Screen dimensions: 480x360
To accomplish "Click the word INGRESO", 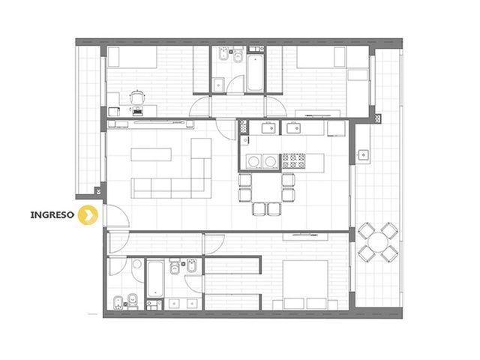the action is tap(52, 214).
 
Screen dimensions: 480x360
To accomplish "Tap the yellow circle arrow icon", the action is tap(88, 215).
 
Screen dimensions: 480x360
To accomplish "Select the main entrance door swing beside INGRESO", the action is tap(117, 215).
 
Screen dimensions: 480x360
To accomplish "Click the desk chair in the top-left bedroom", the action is tap(136, 97).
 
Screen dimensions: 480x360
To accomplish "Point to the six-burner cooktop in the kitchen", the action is tap(293, 161).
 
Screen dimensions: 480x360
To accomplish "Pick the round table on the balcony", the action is tap(378, 242).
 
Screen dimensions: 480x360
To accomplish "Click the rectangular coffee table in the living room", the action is tap(151, 154).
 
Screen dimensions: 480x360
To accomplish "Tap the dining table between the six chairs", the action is tap(267, 187).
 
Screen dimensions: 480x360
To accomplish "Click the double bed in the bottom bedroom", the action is tap(305, 285).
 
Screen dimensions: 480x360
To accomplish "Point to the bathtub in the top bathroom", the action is tap(255, 73).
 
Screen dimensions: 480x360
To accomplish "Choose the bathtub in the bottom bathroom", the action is tap(155, 278).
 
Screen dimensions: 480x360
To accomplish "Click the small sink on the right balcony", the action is tap(363, 154).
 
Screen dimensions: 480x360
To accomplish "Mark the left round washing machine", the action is tap(253, 161).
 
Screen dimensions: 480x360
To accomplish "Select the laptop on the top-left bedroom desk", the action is tap(138, 111).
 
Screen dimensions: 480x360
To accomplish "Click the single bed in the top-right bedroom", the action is tap(321, 57).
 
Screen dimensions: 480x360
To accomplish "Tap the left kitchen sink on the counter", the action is tap(269, 127).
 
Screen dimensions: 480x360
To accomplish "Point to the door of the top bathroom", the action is tap(235, 84).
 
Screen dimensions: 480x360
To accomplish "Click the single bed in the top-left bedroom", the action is tap(133, 57).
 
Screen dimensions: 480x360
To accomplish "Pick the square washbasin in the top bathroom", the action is tap(218, 85).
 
